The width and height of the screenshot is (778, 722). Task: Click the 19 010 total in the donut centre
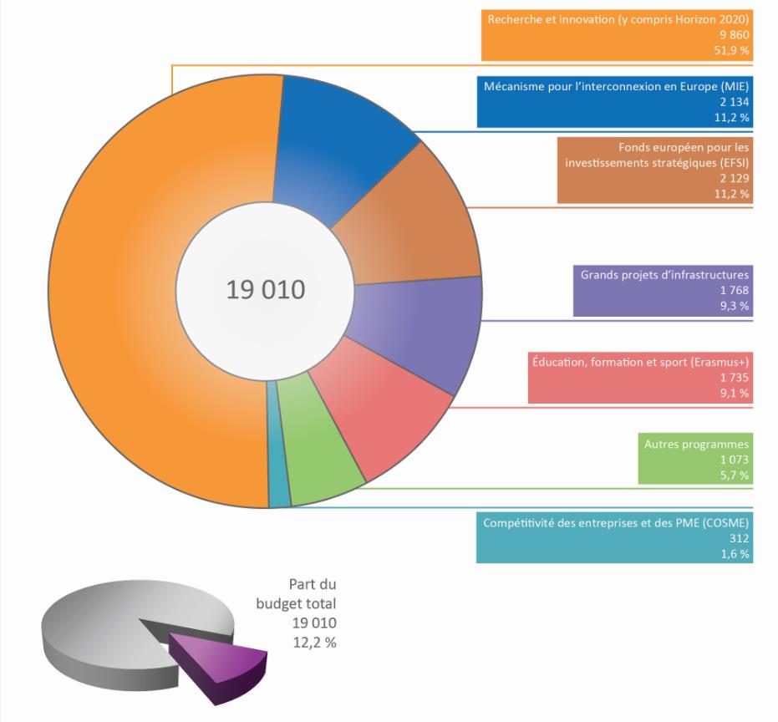266,291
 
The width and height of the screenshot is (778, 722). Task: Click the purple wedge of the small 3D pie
221,664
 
